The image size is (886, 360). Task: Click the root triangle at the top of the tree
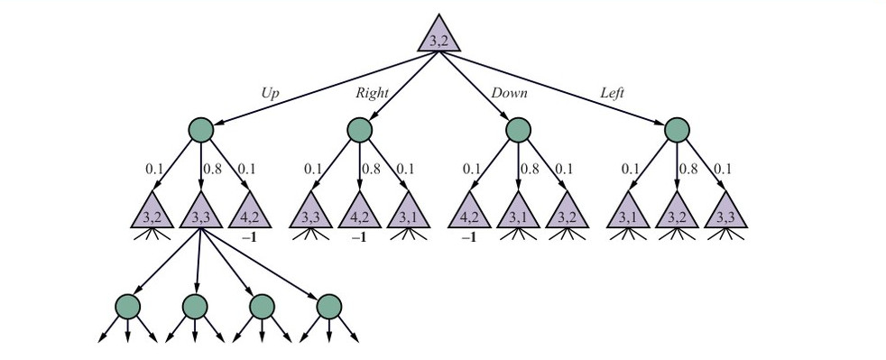439,35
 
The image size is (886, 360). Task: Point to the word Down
509,93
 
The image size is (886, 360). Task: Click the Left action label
612,93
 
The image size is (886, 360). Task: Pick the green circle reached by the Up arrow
200,130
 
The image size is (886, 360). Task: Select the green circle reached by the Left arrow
677,130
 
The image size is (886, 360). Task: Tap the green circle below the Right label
359,130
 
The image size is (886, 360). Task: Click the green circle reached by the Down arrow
518,130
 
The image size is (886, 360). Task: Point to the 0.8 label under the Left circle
688,169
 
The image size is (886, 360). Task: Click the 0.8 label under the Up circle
212,169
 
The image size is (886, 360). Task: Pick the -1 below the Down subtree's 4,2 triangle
468,238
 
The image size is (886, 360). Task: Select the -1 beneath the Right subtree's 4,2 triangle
359,238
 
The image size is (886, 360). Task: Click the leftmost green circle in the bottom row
128,307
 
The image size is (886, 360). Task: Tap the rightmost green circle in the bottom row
328,307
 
